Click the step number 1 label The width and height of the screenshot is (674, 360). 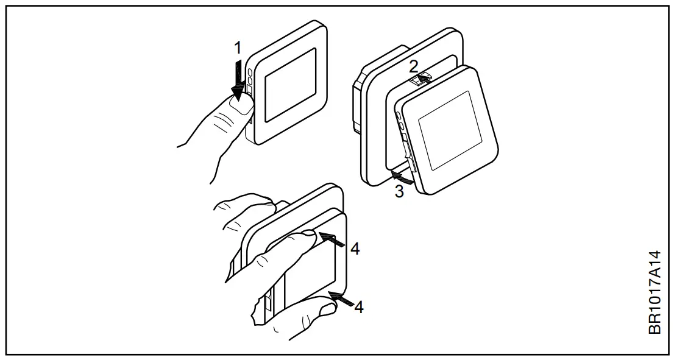click(x=239, y=47)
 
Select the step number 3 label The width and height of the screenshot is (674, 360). click(x=399, y=191)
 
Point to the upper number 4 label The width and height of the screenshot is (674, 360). click(x=355, y=249)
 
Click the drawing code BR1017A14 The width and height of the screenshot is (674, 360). click(x=654, y=293)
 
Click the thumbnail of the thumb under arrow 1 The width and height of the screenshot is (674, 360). click(x=241, y=107)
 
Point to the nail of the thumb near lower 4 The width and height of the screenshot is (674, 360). click(x=327, y=309)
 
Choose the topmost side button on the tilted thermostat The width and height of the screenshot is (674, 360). click(x=398, y=115)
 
